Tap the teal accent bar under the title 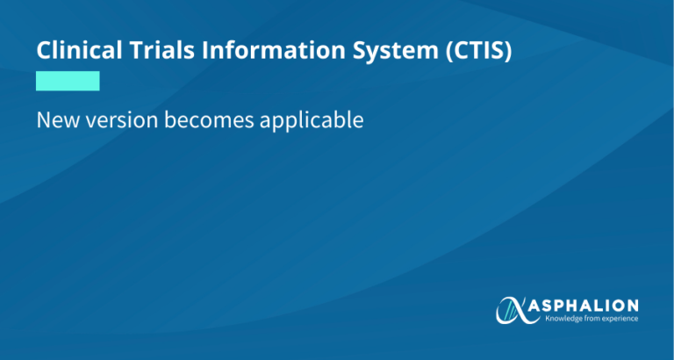[68, 82]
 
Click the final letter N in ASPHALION [633, 305]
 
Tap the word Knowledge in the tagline [566, 318]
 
